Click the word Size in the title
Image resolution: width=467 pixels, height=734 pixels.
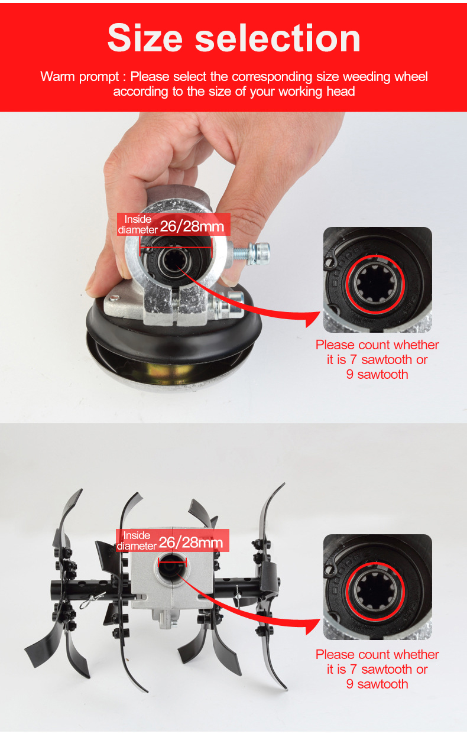click(145, 38)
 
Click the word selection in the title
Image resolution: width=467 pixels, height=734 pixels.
click(278, 38)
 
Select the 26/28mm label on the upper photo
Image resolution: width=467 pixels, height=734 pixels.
click(192, 226)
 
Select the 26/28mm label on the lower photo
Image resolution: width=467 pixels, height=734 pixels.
click(190, 543)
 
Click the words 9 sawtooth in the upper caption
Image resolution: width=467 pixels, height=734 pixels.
click(377, 375)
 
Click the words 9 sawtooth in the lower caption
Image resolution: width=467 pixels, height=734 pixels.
click(377, 684)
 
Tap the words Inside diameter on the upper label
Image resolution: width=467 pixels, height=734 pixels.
click(138, 225)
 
